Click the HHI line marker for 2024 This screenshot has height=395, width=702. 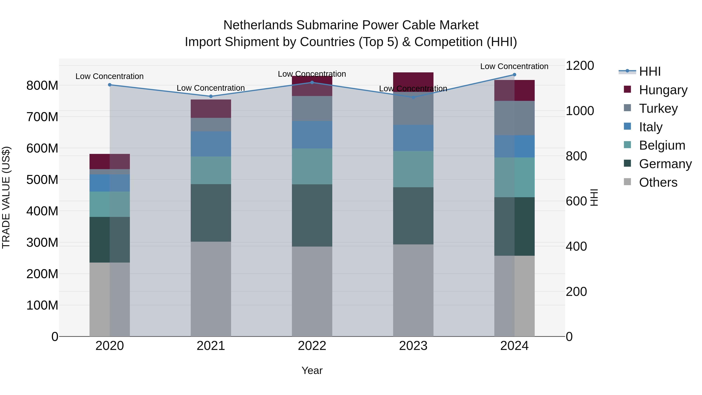[x=514, y=75]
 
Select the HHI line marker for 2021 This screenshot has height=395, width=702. [x=211, y=96]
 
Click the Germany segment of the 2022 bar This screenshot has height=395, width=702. [x=312, y=215]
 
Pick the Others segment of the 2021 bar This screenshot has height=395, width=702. [x=211, y=289]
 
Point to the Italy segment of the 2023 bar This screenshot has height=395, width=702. [x=413, y=138]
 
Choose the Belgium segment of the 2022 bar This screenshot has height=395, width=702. [x=312, y=166]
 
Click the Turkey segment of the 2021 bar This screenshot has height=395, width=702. [x=211, y=125]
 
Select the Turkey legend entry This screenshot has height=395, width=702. [x=658, y=108]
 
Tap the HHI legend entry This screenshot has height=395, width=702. [x=650, y=71]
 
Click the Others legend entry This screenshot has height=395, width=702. [x=658, y=182]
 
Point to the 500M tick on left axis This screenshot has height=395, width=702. [x=42, y=180]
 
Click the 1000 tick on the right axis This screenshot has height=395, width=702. [x=580, y=111]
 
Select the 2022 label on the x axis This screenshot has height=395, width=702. [x=312, y=346]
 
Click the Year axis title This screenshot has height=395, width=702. [x=312, y=370]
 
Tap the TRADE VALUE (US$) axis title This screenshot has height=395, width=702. [x=6, y=197]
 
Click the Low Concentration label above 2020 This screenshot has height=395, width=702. [x=110, y=76]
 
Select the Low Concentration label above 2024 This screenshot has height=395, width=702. [x=514, y=66]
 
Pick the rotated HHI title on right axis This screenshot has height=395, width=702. [x=594, y=197]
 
